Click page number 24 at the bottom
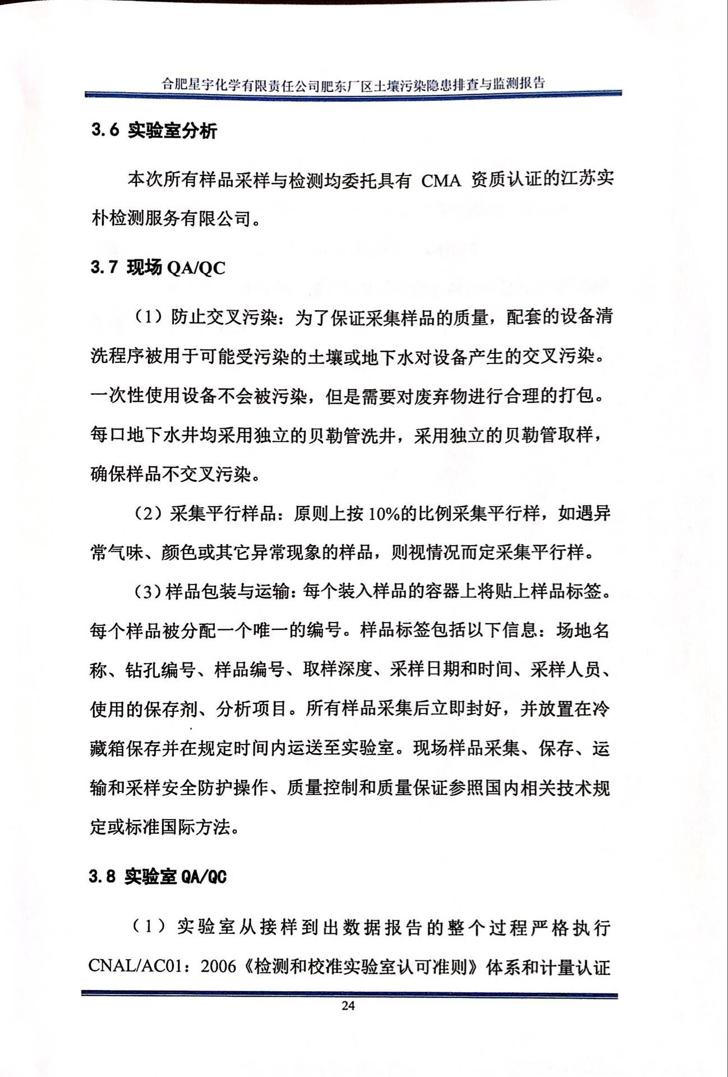pyautogui.click(x=348, y=1005)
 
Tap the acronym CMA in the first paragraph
pyautogui.click(x=441, y=181)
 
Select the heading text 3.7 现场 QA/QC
pyautogui.click(x=158, y=268)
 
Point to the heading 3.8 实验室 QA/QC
pyautogui.click(x=158, y=876)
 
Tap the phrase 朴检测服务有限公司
pyautogui.click(x=171, y=218)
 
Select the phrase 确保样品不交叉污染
pyautogui.click(x=171, y=474)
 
